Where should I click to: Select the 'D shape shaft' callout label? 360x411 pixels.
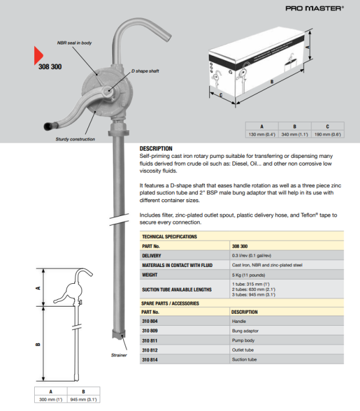point(145,70)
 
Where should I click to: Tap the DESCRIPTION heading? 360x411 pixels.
point(155,148)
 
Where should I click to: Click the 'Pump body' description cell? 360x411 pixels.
point(244,340)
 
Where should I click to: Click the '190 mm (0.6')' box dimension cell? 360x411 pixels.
point(327,134)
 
